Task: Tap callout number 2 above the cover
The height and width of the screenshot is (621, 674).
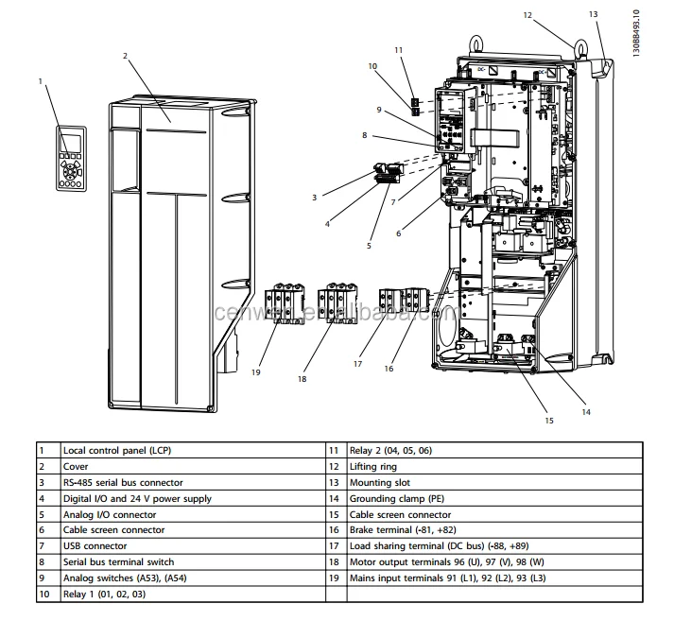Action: pyautogui.click(x=125, y=56)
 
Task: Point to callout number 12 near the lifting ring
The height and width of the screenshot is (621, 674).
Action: pyautogui.click(x=555, y=14)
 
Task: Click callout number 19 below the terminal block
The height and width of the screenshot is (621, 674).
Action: pyautogui.click(x=256, y=372)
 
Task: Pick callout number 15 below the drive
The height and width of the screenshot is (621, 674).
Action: pyautogui.click(x=548, y=419)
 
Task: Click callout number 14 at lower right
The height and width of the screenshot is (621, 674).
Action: pyautogui.click(x=586, y=411)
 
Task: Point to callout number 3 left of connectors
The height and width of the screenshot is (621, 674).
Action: pyautogui.click(x=314, y=197)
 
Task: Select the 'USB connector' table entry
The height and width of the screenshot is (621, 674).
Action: pyautogui.click(x=95, y=546)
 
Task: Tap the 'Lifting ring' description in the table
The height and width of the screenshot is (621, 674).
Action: pyautogui.click(x=373, y=467)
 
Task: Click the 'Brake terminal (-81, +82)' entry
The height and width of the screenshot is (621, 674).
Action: pyautogui.click(x=403, y=530)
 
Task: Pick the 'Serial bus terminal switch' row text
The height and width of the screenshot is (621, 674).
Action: pyautogui.click(x=118, y=562)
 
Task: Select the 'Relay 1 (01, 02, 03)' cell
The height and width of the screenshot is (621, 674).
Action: pyautogui.click(x=104, y=595)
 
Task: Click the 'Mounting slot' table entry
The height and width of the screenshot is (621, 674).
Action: pyautogui.click(x=379, y=483)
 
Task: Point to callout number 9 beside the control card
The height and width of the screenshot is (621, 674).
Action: pyautogui.click(x=378, y=110)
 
